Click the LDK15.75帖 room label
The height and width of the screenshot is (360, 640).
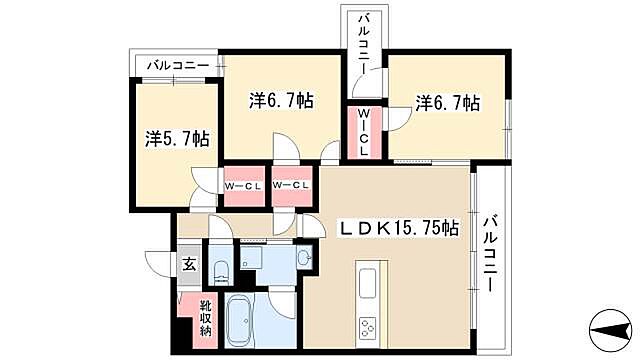click(396, 228)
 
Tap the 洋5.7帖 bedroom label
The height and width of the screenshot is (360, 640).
click(177, 139)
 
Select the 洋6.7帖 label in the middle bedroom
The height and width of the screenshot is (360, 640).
click(281, 101)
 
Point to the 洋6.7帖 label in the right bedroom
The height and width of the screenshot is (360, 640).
click(447, 102)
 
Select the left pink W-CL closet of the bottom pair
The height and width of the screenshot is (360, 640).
click(242, 187)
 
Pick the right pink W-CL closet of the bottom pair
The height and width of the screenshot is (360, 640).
click(289, 187)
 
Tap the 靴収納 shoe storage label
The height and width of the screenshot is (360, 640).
click(204, 317)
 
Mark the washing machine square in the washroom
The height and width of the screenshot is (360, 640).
click(250, 259)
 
